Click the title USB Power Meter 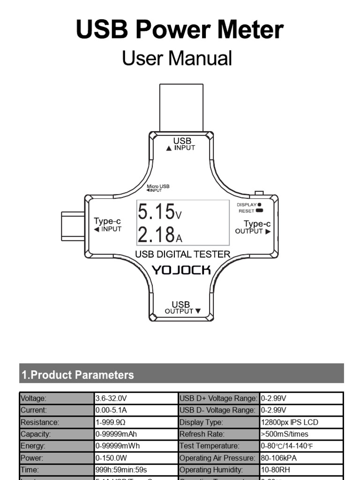(180, 30)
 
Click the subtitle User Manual (177, 59)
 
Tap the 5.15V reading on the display (159, 212)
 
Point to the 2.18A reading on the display (159, 234)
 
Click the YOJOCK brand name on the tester (182, 270)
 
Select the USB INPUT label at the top (182, 143)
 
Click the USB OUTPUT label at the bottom (182, 307)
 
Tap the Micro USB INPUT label (158, 188)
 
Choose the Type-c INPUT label (107, 225)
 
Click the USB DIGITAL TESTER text (182, 255)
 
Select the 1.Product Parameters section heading (78, 375)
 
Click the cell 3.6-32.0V (112, 398)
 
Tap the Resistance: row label (40, 422)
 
